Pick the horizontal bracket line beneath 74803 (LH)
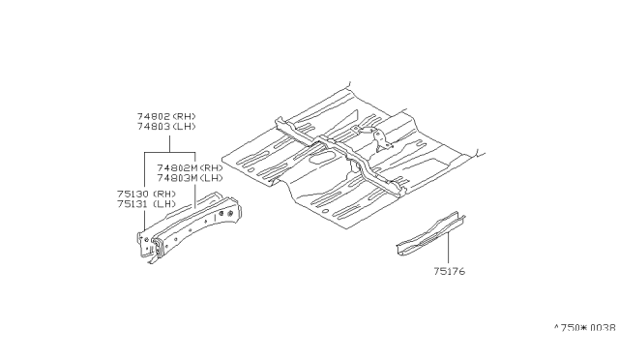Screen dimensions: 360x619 point(170,153)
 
